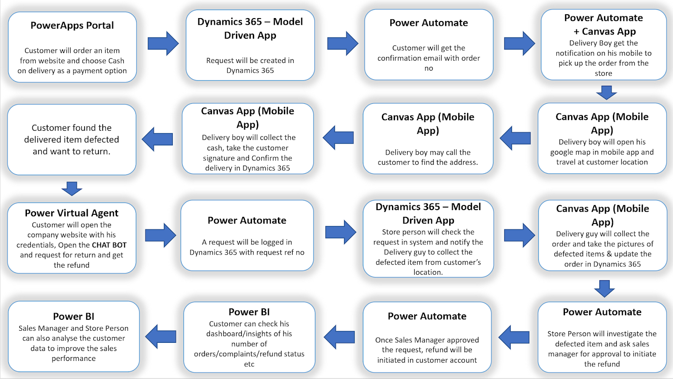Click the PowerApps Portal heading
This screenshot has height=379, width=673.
[72, 26]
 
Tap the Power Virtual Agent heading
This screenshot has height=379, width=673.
[72, 213]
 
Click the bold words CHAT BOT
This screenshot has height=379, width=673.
[109, 245]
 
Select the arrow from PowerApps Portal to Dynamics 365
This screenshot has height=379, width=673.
[163, 43]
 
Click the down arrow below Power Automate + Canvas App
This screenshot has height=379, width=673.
[606, 92]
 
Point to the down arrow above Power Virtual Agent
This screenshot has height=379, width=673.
[72, 189]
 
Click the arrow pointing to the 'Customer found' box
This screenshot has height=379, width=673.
[158, 139]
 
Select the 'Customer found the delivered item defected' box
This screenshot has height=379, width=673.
[72, 139]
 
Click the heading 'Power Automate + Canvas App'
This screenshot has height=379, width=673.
[604, 24]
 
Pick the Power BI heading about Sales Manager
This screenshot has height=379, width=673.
[74, 316]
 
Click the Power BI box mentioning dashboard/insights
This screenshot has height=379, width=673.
[249, 337]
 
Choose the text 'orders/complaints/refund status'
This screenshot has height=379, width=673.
[249, 354]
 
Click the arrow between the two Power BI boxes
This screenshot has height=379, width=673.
[161, 337]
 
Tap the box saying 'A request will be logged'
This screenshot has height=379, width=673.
[247, 235]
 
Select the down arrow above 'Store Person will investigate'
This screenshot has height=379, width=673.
[604, 289]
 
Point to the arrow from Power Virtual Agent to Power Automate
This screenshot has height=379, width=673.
[160, 235]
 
